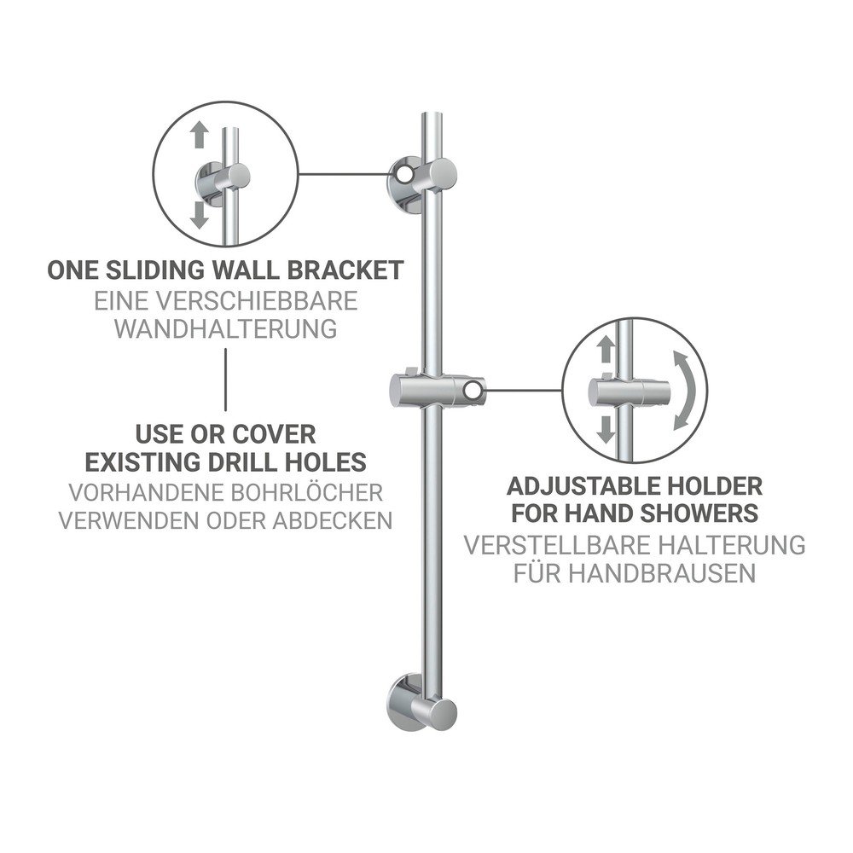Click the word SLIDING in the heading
(x=160, y=270)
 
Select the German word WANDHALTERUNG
(x=226, y=329)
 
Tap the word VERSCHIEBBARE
(x=259, y=301)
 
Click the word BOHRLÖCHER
(x=307, y=493)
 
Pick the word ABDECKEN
(x=333, y=520)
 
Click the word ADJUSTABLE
(x=578, y=487)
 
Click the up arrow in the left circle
(x=200, y=135)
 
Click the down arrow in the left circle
(x=199, y=215)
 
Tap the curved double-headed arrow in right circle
(x=687, y=391)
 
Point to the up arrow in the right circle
(x=606, y=349)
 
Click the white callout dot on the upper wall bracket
(x=404, y=174)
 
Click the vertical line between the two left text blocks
(x=226, y=380)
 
